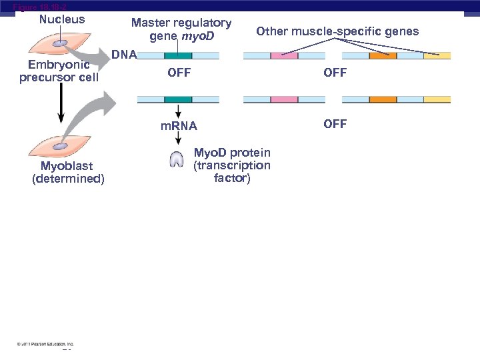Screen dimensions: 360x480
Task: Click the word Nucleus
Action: (x=62, y=19)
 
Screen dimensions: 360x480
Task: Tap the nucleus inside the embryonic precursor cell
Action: (x=59, y=43)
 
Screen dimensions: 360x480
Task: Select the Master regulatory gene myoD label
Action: (x=181, y=29)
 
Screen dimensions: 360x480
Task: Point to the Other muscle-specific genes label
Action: (x=337, y=31)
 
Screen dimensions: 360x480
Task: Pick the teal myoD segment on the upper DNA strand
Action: (x=178, y=56)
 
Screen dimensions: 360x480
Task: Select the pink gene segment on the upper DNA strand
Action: (x=284, y=56)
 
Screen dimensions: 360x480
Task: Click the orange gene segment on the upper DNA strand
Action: (x=383, y=56)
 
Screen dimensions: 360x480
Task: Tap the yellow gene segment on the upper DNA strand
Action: (x=437, y=56)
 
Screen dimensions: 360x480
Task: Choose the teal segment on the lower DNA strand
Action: (x=178, y=99)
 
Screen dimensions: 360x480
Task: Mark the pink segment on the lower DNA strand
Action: (x=284, y=99)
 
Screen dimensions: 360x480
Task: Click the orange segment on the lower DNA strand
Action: (x=383, y=99)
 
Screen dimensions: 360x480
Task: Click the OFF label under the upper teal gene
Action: (x=179, y=73)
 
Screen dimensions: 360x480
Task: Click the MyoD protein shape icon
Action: (x=177, y=159)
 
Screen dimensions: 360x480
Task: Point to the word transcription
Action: (x=231, y=165)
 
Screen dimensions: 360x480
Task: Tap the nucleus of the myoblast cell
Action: (x=61, y=145)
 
